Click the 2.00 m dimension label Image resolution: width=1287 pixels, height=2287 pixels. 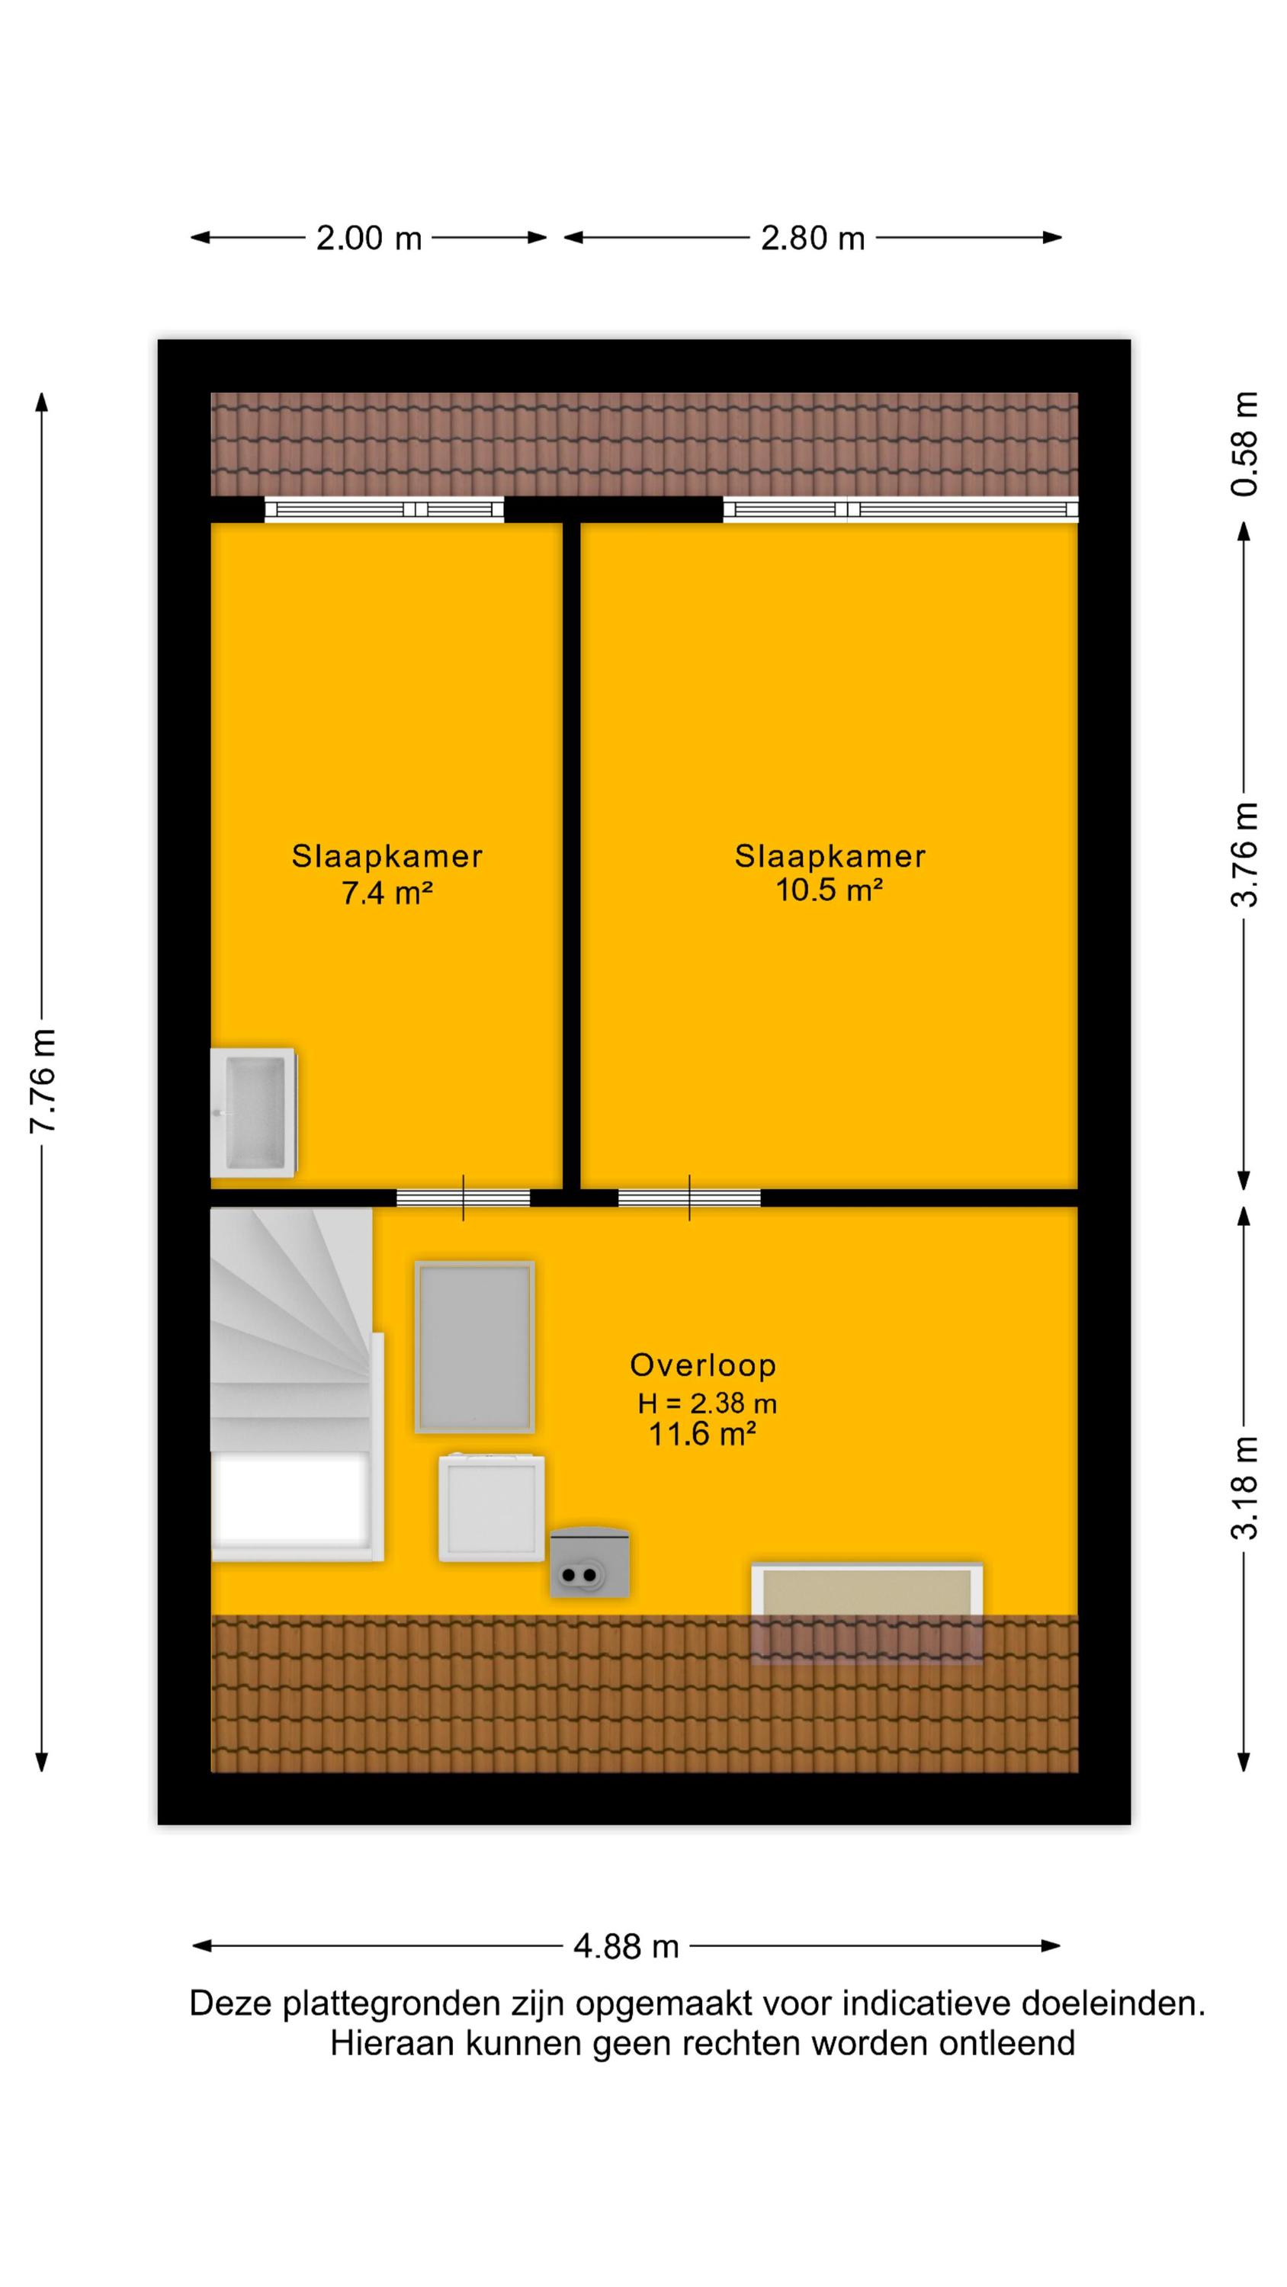tap(368, 238)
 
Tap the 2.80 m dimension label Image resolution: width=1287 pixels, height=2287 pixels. tap(813, 238)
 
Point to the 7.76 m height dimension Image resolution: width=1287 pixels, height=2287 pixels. tap(43, 1080)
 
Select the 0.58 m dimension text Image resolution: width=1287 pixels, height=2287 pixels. tap(1244, 443)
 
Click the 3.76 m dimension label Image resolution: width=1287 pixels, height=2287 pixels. tap(1244, 854)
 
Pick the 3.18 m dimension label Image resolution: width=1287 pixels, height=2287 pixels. tap(1244, 1487)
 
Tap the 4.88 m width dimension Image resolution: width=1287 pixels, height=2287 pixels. tap(626, 1946)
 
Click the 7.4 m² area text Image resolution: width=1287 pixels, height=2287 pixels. tap(387, 892)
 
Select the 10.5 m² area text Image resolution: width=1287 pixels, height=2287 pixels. tap(829, 890)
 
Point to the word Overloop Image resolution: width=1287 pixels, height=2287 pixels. tap(702, 1365)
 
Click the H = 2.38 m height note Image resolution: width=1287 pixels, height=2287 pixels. tap(707, 1403)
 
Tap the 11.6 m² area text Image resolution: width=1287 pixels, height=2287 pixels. tap(701, 1434)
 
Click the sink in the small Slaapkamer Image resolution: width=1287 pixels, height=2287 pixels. tap(253, 1112)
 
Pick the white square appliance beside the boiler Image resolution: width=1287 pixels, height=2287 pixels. tap(491, 1507)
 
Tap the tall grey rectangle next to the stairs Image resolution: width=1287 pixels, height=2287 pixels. tap(474, 1347)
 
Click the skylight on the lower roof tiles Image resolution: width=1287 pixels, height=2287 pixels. tap(866, 1612)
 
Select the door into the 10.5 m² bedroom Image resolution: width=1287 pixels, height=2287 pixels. tap(689, 1198)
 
